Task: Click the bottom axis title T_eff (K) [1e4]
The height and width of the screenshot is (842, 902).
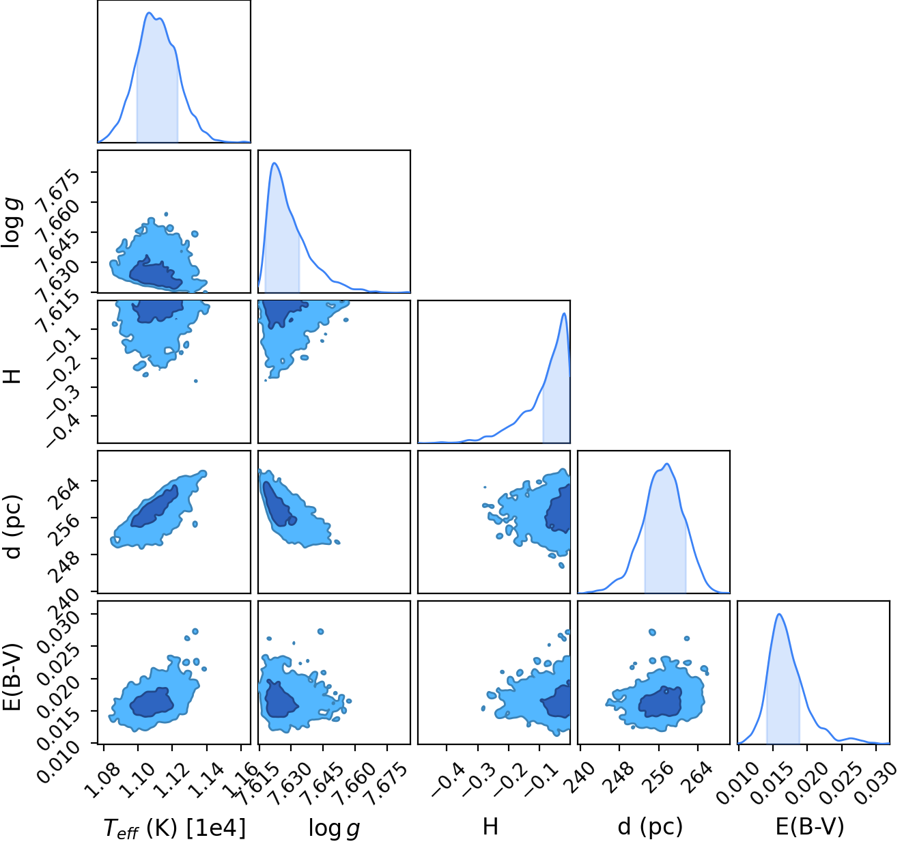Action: pyautogui.click(x=175, y=828)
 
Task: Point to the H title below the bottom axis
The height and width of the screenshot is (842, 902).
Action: pyautogui.click(x=490, y=826)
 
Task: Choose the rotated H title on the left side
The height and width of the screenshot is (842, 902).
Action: pyautogui.click(x=12, y=376)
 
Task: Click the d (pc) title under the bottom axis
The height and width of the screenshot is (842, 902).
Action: pyautogui.click(x=650, y=827)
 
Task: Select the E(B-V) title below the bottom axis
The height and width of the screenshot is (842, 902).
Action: pyautogui.click(x=810, y=827)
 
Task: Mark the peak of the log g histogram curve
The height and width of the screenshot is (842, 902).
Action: pyautogui.click(x=274, y=163)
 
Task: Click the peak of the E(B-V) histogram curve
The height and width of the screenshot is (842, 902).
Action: pyautogui.click(x=779, y=614)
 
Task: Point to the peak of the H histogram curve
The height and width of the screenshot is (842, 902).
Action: pyautogui.click(x=564, y=313)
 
